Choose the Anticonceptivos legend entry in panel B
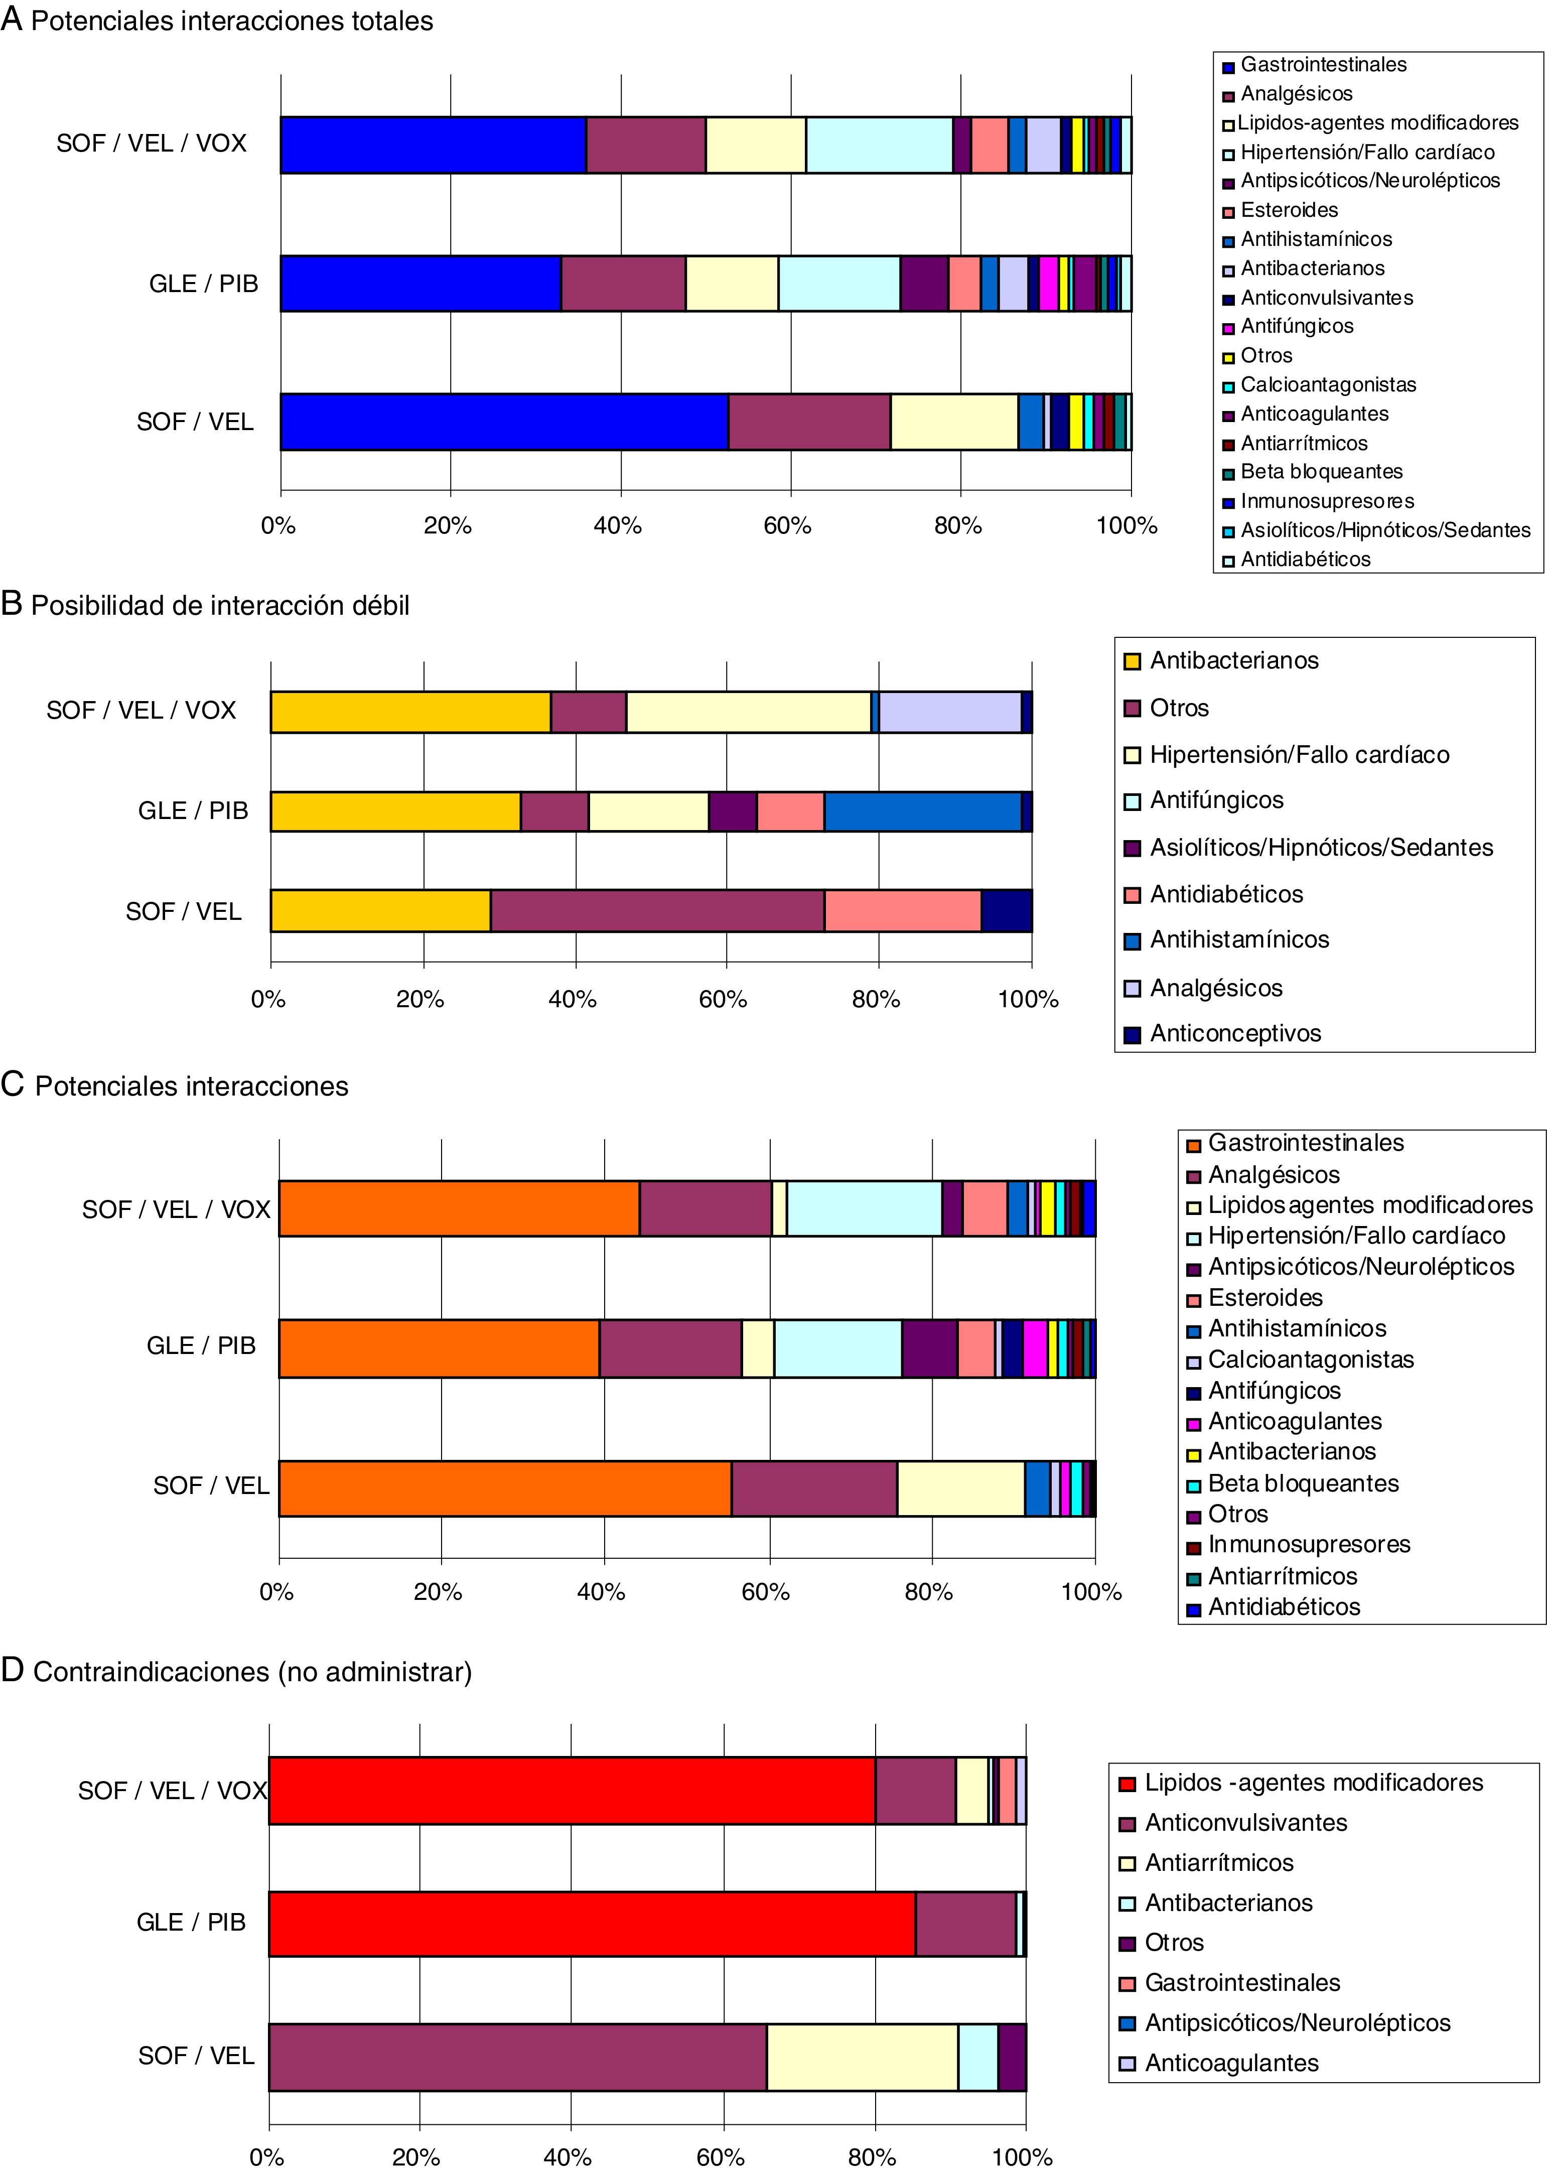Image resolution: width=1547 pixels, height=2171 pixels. (x=1234, y=1034)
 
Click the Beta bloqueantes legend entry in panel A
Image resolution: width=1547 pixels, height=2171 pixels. (x=1320, y=472)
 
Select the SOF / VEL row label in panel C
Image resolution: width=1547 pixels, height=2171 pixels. (x=211, y=1486)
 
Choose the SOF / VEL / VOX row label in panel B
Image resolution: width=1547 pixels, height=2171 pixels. (x=141, y=711)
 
